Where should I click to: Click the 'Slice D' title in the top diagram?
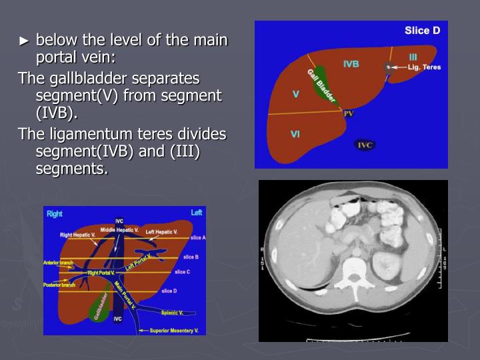[x=423, y=31]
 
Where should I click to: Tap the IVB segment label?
[x=351, y=64]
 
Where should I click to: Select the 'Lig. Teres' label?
[x=425, y=67]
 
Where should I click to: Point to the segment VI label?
[x=295, y=134]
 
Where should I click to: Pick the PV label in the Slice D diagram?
[x=349, y=114]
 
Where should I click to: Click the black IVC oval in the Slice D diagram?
[x=365, y=145]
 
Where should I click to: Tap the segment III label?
[x=413, y=57]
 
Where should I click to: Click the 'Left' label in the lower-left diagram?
[x=196, y=213]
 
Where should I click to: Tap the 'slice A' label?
[x=198, y=238]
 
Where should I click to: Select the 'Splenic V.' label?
[x=171, y=312]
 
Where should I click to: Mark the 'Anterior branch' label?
[x=58, y=263]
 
